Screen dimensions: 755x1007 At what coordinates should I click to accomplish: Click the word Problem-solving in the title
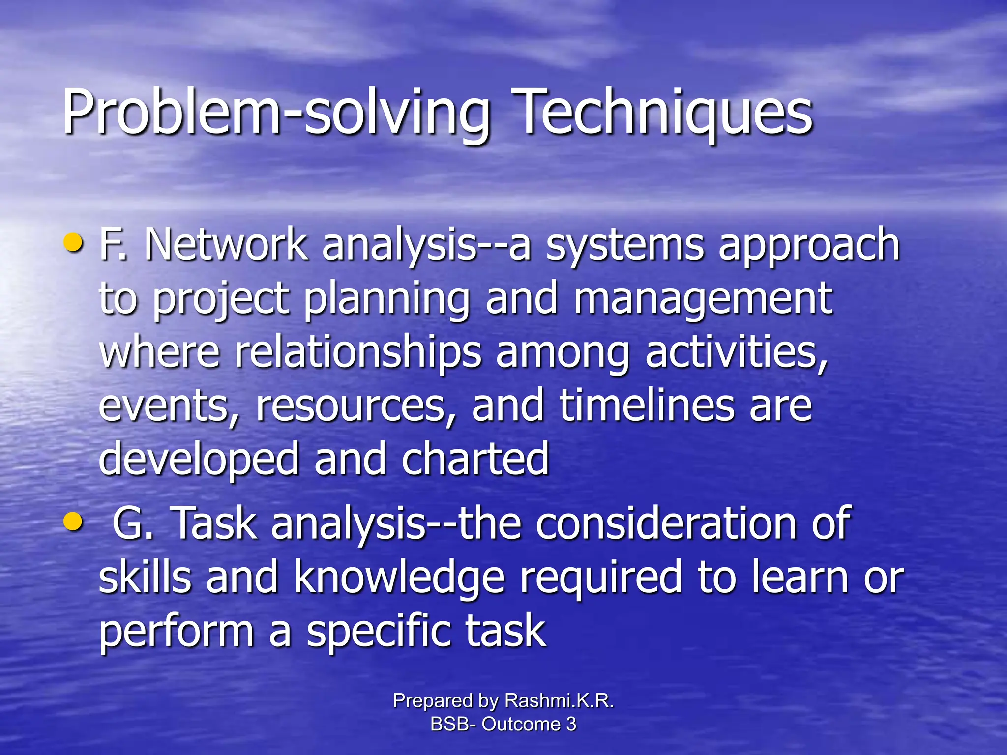[275, 113]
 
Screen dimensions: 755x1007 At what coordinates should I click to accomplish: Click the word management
[703, 300]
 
